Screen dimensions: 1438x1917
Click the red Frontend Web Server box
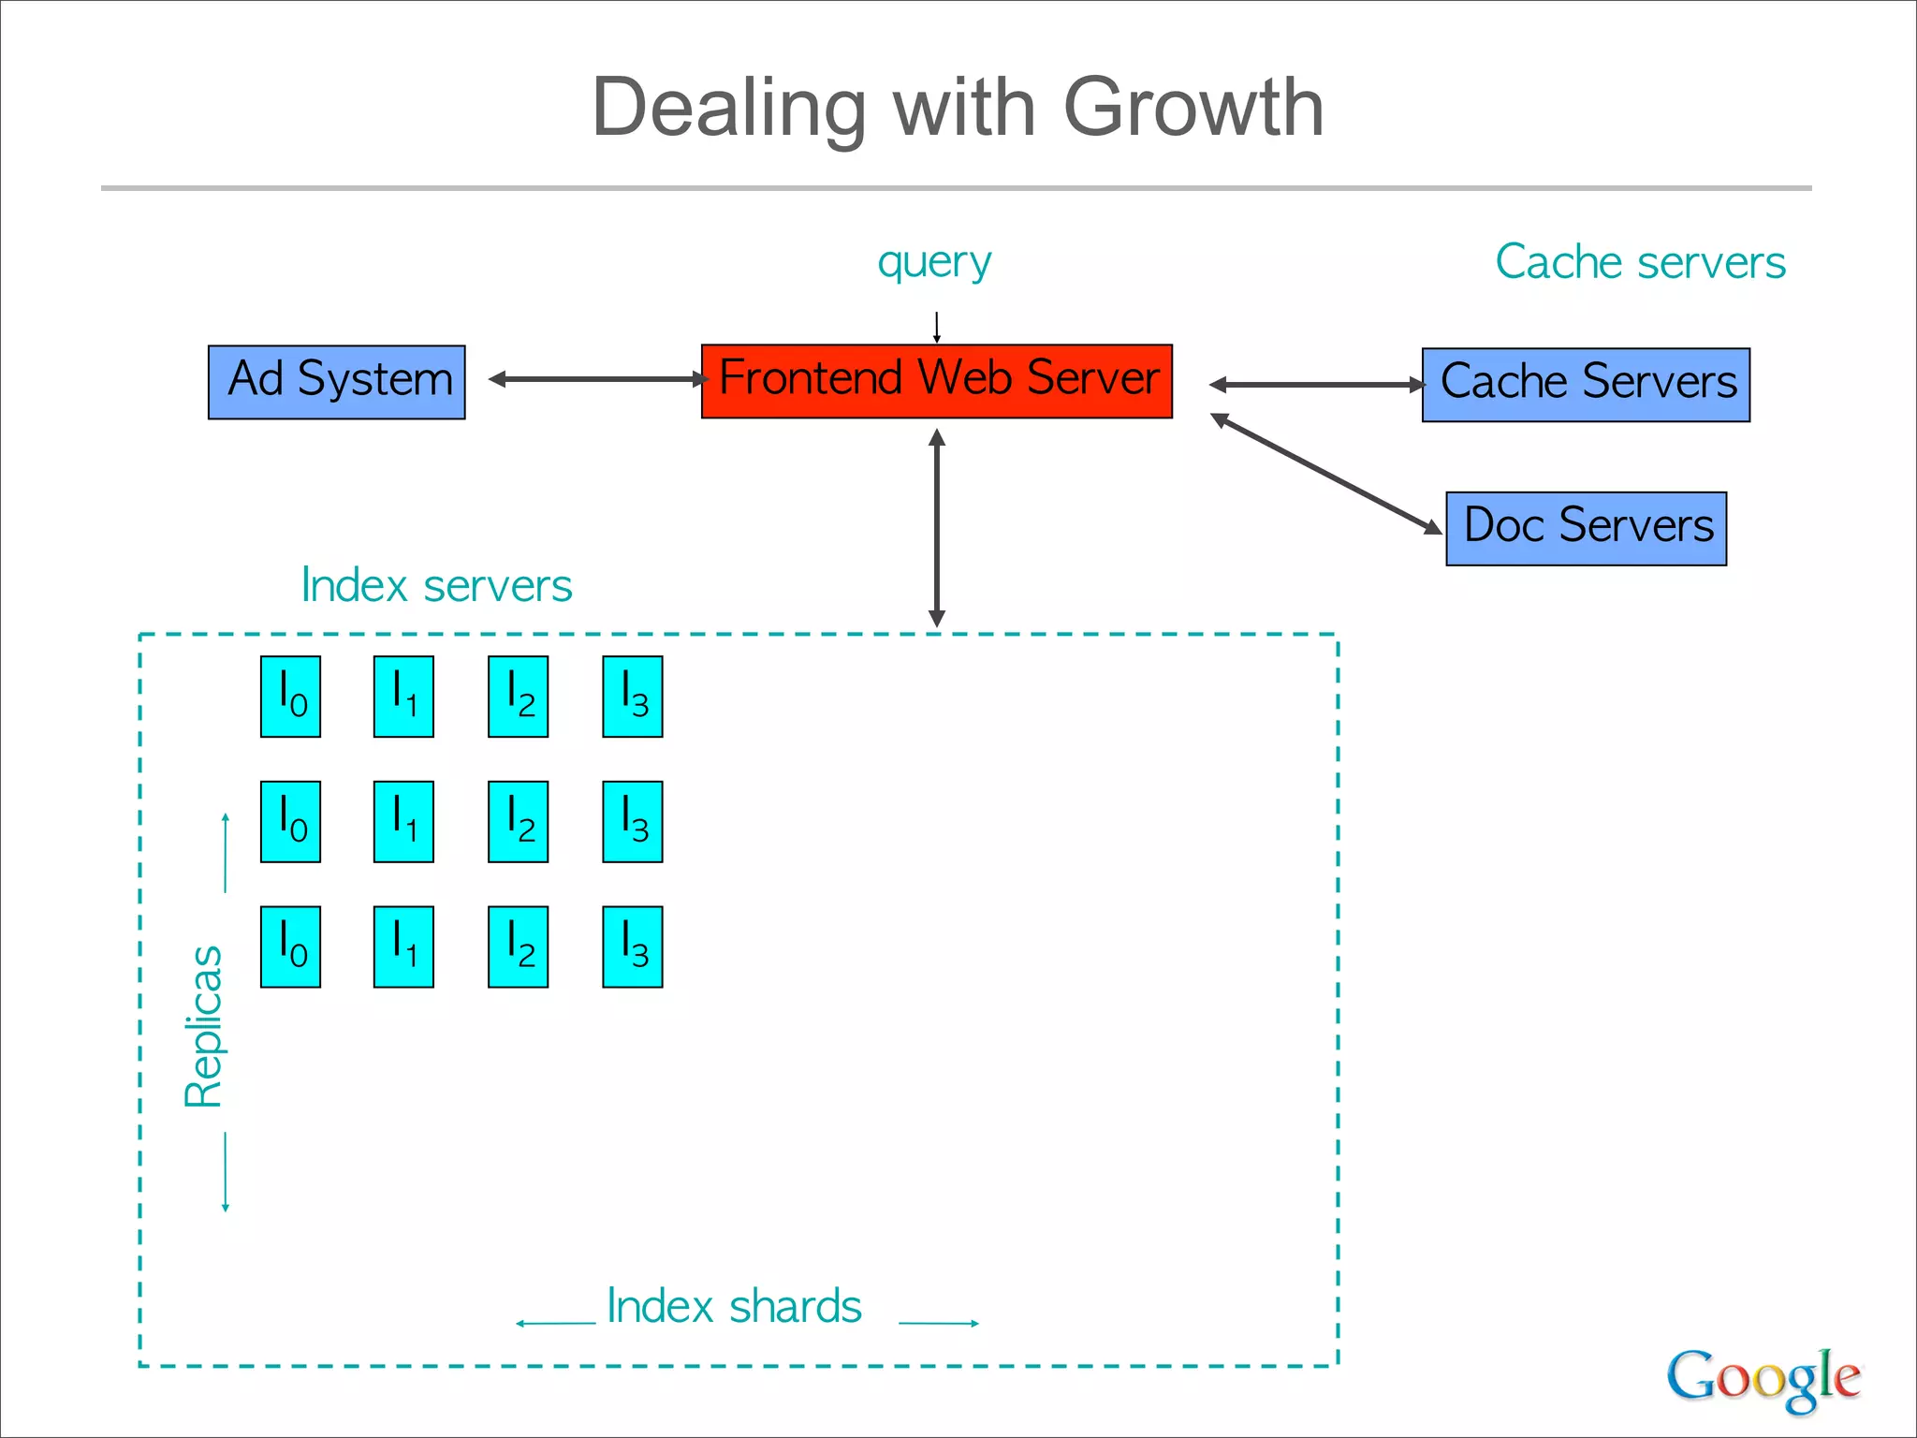pos(936,380)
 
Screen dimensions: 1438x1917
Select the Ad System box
pos(336,382)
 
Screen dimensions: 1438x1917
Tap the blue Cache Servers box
pos(1586,385)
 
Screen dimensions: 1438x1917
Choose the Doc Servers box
pos(1586,528)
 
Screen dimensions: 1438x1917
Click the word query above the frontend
pos(934,263)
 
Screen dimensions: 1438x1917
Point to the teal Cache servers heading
pos(1640,262)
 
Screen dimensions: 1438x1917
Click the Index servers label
pos(436,586)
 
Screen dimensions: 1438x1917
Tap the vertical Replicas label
pos(203,1026)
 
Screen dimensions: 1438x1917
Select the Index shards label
pos(734,1306)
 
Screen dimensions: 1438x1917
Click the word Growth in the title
pos(1193,108)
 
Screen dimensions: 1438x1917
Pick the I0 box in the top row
pos(290,697)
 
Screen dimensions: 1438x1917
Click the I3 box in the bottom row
pos(633,946)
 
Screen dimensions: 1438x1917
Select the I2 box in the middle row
pos(518,821)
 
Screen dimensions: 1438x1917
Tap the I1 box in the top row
pos(403,697)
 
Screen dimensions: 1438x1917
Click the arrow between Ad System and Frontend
pos(599,379)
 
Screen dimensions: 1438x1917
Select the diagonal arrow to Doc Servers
pos(1326,475)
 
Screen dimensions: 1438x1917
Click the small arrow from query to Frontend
pos(936,327)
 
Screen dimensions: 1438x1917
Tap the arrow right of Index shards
pos(939,1323)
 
